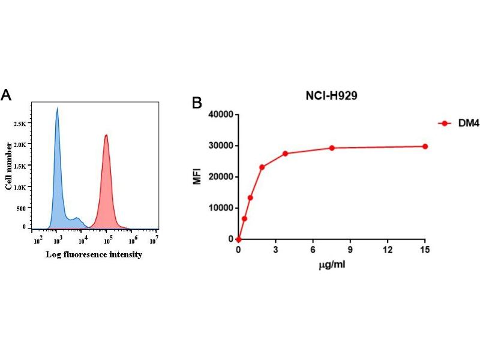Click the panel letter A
(7, 95)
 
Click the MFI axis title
(197, 176)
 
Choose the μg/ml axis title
(332, 265)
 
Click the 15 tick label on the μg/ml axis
(425, 250)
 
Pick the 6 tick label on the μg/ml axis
(313, 250)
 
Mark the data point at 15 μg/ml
(425, 146)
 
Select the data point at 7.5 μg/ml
(332, 148)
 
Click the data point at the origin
(239, 239)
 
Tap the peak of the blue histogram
(57, 109)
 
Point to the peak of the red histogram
(106, 136)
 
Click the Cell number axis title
(9, 166)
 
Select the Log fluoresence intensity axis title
(94, 254)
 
